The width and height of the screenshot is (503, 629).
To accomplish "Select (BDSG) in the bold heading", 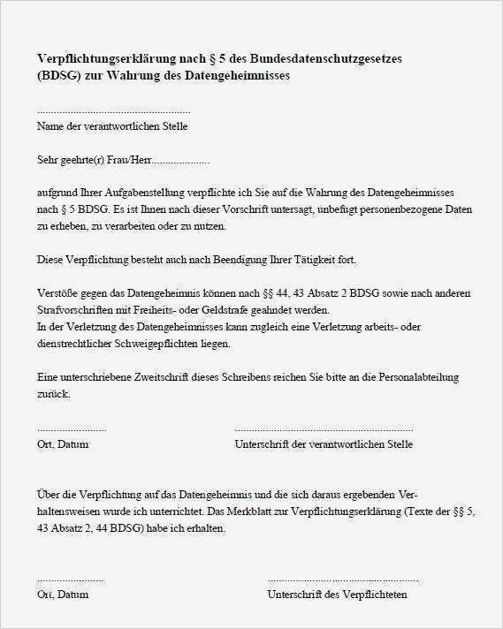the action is point(59,76).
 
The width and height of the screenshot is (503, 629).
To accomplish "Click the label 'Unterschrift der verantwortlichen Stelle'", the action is point(324,444).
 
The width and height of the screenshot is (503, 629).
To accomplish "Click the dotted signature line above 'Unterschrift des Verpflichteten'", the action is point(343,580).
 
